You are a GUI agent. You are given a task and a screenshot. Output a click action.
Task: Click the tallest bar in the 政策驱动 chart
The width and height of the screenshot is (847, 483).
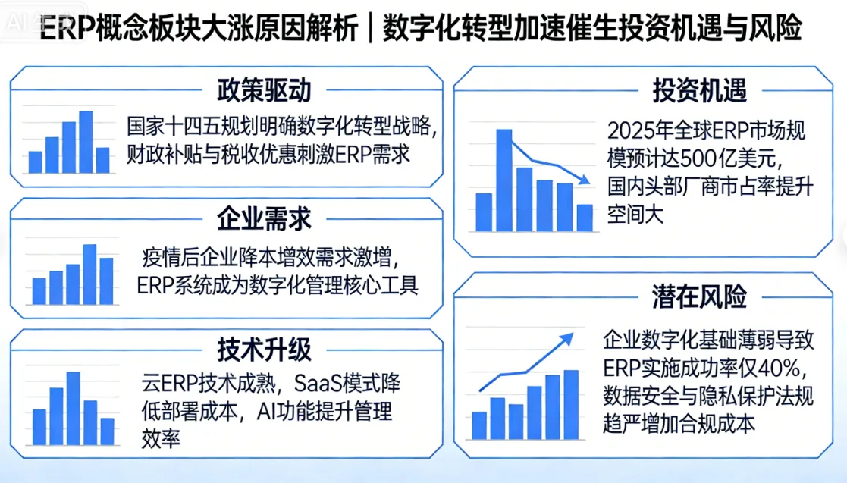click(86, 142)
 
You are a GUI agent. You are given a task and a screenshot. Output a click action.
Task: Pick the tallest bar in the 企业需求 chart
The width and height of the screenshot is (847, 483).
click(89, 274)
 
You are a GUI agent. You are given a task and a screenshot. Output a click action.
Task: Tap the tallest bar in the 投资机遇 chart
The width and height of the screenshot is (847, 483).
click(504, 180)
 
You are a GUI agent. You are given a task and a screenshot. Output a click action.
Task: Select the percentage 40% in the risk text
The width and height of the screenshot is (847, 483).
click(778, 369)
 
